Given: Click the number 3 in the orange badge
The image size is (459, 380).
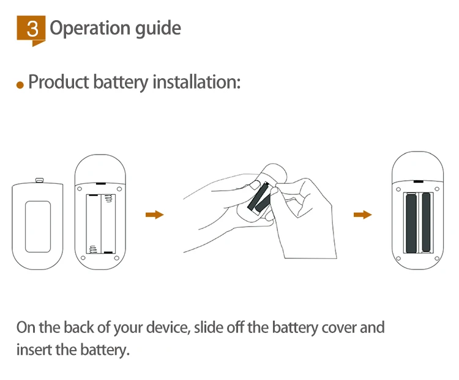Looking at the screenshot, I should [32, 29].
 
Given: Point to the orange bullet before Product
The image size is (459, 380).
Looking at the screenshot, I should [20, 85].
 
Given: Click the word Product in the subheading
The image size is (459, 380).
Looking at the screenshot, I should [59, 82].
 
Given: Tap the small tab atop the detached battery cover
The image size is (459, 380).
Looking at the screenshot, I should [40, 180].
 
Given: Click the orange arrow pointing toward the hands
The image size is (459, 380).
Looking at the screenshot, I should [154, 214].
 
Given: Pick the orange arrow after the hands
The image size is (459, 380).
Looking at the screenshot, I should [363, 214].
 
